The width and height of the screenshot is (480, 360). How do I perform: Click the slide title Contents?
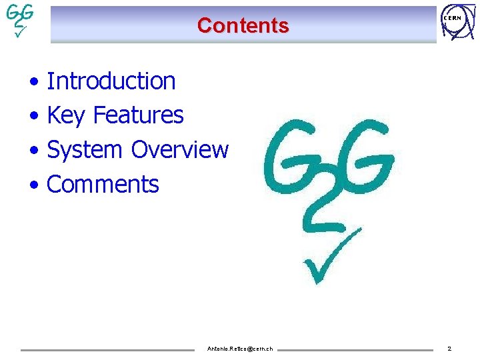pyautogui.click(x=243, y=25)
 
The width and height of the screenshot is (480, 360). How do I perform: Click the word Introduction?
pyautogui.click(x=111, y=81)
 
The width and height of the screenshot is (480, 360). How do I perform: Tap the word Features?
pyautogui.click(x=138, y=115)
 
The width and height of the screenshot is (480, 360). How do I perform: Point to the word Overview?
pyautogui.click(x=179, y=150)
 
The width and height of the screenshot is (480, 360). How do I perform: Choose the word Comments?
pyautogui.click(x=103, y=185)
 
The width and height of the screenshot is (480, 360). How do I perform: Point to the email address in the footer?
pyautogui.click(x=240, y=349)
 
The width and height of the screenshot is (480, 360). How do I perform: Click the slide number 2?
pyautogui.click(x=449, y=349)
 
